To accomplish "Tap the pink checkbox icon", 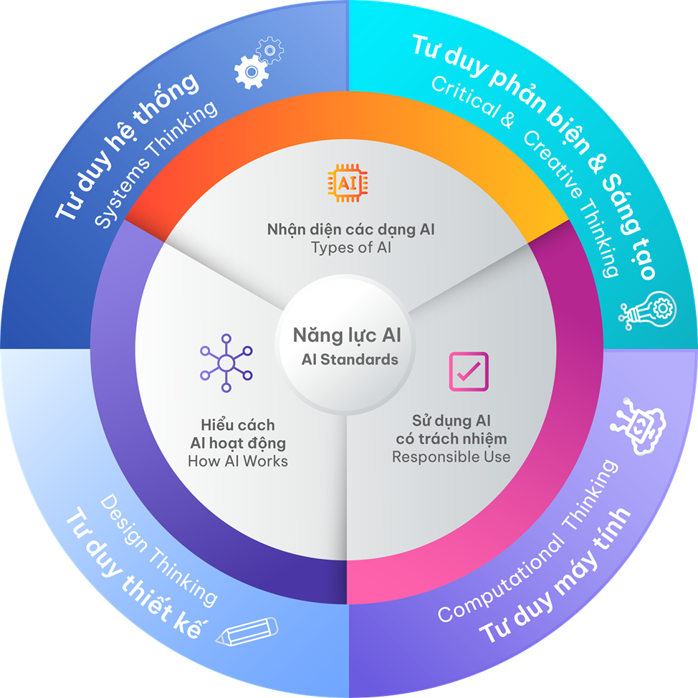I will (468, 371).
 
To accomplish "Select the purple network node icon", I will (226, 363).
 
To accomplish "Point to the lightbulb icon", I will (647, 309).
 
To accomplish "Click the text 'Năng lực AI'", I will (346, 335).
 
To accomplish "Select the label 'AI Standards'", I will (349, 359).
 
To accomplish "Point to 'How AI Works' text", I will (237, 461).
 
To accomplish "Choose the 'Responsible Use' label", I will (451, 456).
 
